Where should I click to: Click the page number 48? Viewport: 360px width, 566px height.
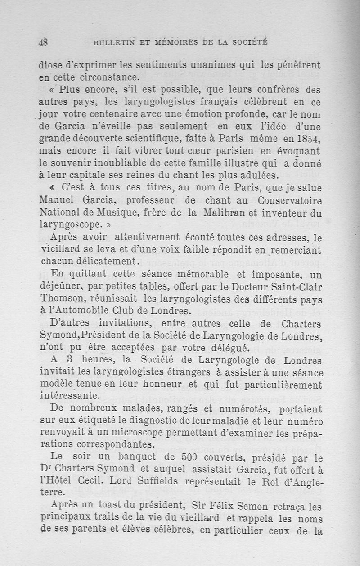pos(43,43)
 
